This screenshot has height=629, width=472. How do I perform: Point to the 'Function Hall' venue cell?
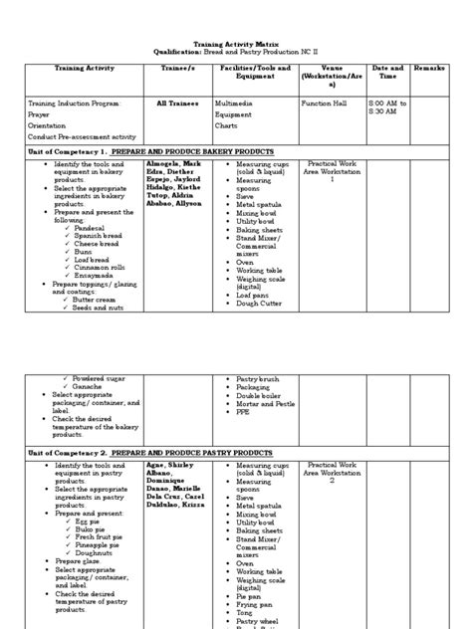click(327, 103)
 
